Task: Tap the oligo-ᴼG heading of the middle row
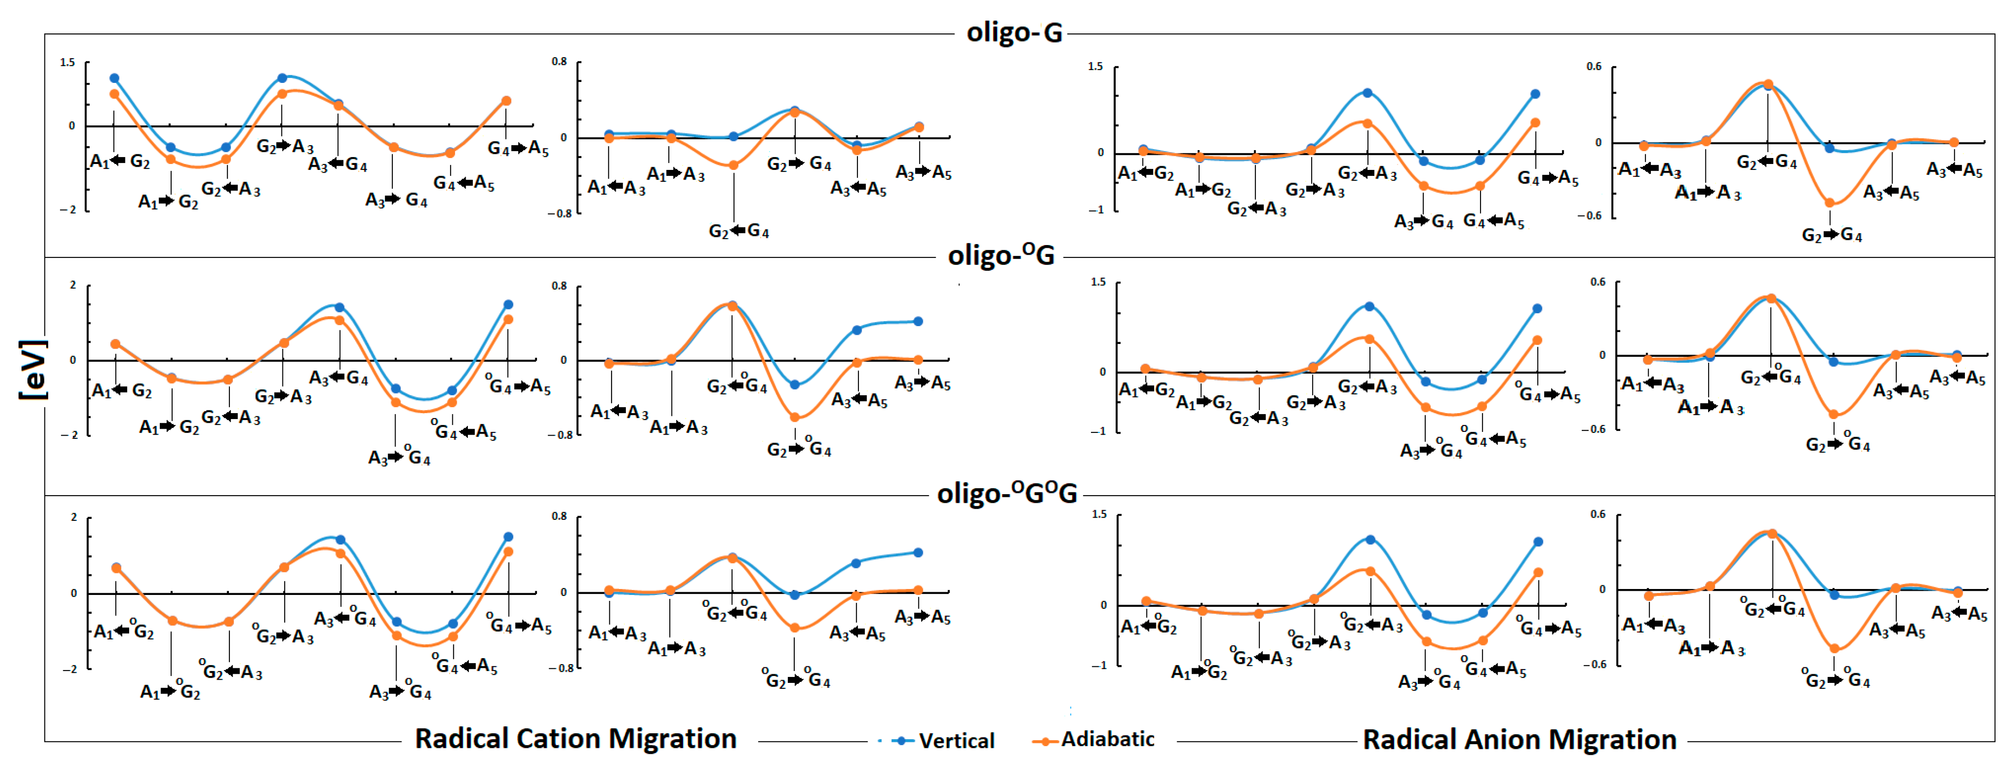coord(1001,255)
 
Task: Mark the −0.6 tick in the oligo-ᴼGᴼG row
coord(1594,664)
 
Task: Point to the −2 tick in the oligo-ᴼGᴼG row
coord(69,669)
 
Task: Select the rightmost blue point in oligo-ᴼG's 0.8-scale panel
coord(918,321)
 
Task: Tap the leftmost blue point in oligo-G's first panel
coord(114,78)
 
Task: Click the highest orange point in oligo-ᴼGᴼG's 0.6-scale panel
coord(1772,534)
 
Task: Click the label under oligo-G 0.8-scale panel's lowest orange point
coord(738,231)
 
